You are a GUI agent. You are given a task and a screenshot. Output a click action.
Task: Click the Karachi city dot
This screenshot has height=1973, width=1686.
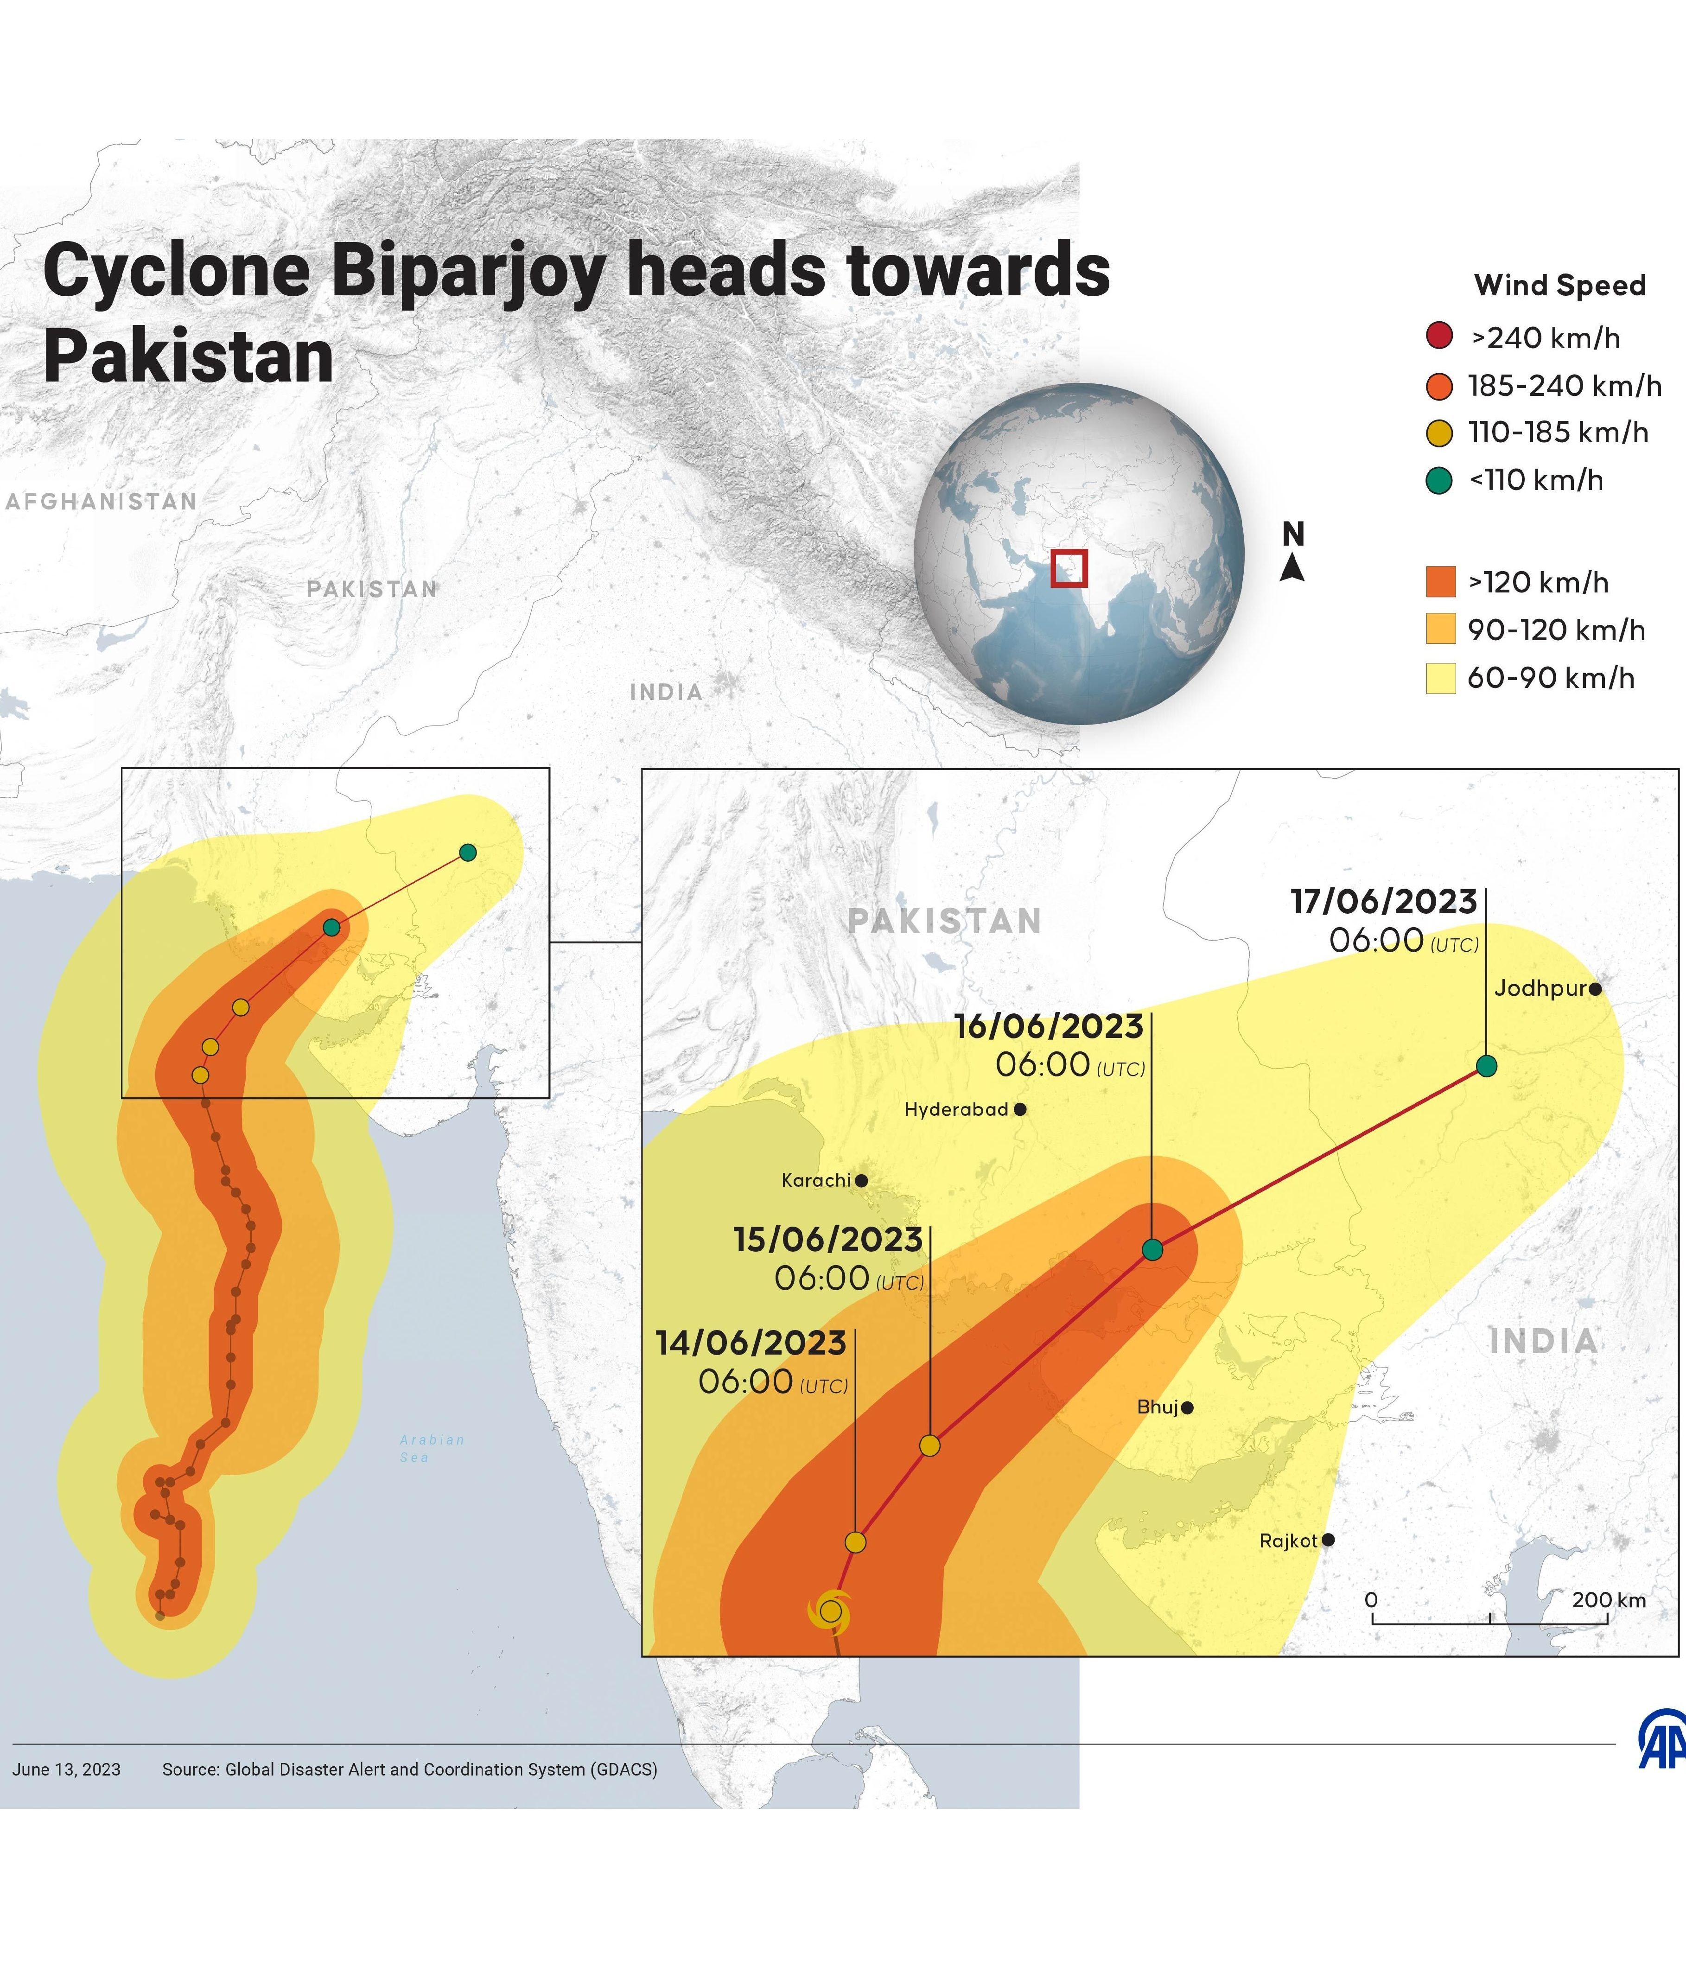(862, 1181)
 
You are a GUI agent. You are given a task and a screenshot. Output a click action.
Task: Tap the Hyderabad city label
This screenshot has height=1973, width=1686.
(956, 1109)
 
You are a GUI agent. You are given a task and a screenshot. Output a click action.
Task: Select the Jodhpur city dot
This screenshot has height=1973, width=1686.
(1596, 989)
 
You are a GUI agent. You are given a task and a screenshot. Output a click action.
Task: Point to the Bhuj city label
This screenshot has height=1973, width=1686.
(1158, 1407)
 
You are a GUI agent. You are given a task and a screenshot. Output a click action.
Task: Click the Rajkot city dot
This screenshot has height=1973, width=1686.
(1329, 1540)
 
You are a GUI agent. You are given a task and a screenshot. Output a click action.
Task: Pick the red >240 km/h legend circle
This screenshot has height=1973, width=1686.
(1439, 337)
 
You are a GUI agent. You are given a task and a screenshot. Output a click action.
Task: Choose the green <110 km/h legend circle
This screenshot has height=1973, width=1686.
(1439, 481)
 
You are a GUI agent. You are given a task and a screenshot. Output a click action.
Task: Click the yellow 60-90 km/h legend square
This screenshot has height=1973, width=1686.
(1440, 679)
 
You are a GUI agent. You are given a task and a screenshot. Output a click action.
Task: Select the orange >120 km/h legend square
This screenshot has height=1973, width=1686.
(1440, 582)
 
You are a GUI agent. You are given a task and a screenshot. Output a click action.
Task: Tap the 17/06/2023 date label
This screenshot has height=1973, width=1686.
(1383, 902)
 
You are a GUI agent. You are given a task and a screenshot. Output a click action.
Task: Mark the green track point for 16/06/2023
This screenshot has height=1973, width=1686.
(1152, 1249)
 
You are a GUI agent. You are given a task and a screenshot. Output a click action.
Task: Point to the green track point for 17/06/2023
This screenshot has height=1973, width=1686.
(1486, 1067)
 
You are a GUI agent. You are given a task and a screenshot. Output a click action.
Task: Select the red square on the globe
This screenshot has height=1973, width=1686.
(1068, 567)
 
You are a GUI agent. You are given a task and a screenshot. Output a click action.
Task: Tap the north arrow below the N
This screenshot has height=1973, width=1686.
(1292, 568)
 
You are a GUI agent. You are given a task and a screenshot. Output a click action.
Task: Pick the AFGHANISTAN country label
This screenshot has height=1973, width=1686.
(101, 502)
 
